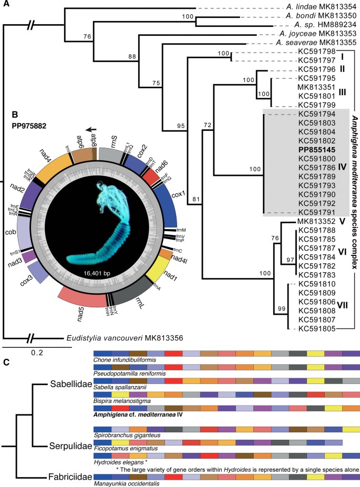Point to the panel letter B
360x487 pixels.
click(9, 112)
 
